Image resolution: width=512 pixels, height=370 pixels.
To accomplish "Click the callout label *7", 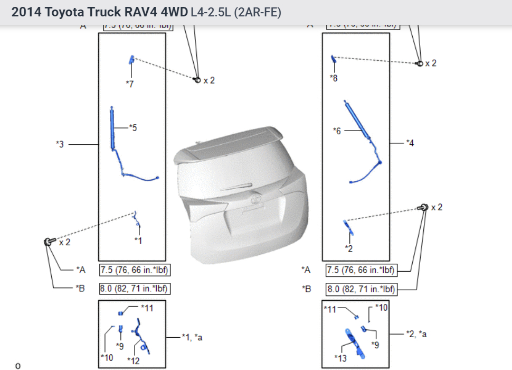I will [130, 84].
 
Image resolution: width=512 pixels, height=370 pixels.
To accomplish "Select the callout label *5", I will [133, 127].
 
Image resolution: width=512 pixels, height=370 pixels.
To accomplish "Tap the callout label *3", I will [60, 144].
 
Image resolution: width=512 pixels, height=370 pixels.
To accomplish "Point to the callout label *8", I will [334, 78].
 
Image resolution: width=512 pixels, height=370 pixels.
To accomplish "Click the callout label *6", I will [337, 131].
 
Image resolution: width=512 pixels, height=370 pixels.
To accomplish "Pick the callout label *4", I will [410, 143].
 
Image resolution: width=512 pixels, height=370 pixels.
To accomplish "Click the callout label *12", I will [134, 360].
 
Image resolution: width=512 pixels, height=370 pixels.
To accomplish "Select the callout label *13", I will [340, 358].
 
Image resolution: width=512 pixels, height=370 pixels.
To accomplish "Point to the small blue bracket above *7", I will [130, 60].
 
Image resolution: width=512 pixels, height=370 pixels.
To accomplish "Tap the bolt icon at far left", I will [49, 242].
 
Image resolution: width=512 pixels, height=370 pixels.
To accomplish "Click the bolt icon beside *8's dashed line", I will [420, 63].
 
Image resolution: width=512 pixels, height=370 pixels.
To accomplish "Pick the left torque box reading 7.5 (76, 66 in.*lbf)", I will [135, 270].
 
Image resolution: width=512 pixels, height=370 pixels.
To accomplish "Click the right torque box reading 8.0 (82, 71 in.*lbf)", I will [361, 289].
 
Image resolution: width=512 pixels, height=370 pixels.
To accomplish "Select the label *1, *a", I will [192, 337].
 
